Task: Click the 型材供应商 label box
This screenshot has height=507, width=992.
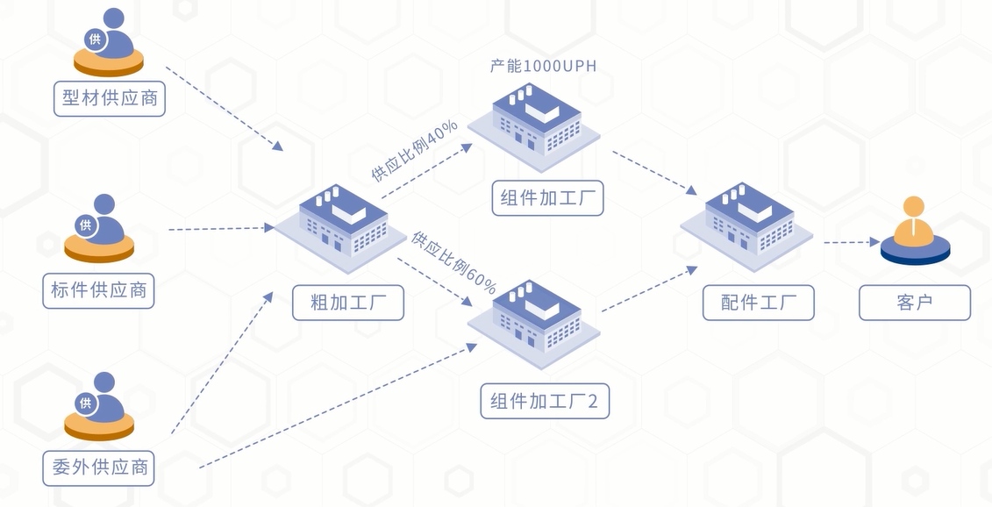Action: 110,98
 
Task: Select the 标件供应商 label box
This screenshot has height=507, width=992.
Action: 98,290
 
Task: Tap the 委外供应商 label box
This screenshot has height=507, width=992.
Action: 98,468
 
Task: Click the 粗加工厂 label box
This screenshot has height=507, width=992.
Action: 348,303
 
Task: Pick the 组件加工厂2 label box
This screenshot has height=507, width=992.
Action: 545,401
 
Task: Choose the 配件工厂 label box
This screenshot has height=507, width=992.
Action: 759,303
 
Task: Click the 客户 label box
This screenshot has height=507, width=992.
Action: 915,303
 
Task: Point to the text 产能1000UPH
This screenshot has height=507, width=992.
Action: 544,67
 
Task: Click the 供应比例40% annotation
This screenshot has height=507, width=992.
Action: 414,151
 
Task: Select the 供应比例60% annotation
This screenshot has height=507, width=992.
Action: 454,262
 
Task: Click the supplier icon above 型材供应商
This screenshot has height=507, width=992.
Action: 109,42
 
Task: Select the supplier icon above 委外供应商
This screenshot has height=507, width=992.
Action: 99,406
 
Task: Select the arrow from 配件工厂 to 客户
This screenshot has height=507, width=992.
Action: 852,242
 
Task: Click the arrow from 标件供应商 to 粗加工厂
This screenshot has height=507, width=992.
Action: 220,229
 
